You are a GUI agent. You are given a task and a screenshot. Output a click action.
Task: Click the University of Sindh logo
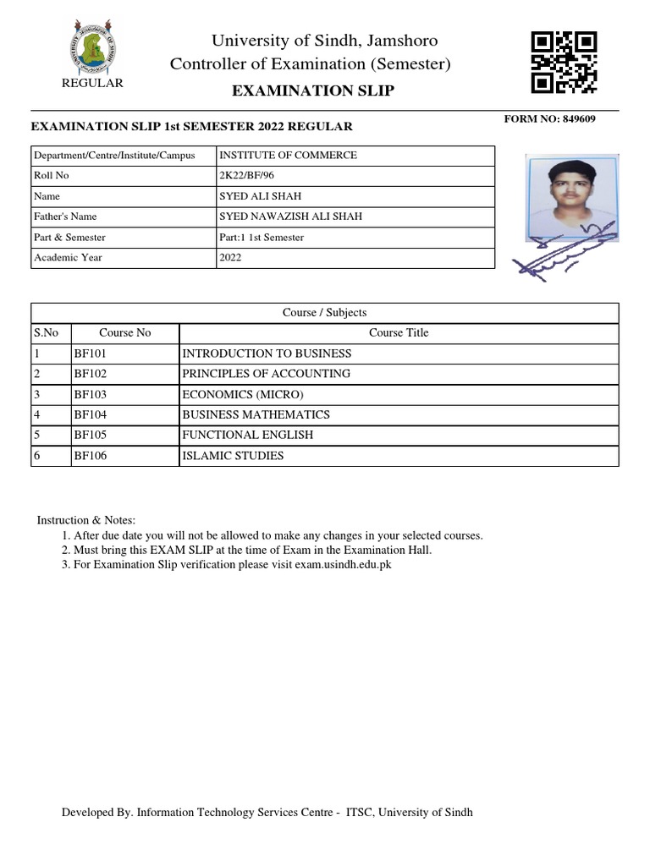[x=92, y=47]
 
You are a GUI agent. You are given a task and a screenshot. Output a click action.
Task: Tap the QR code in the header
[x=564, y=61]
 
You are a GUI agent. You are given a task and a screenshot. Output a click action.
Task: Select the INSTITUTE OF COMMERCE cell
[x=288, y=156]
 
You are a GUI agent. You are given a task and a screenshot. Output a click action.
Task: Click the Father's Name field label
[x=66, y=216]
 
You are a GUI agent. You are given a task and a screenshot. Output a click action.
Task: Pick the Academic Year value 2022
[x=230, y=257]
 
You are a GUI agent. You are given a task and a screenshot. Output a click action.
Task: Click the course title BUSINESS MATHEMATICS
[x=256, y=414]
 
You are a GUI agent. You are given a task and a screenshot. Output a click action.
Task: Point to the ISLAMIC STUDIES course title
[x=233, y=456]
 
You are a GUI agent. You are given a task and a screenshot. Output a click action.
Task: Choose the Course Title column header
[x=399, y=332]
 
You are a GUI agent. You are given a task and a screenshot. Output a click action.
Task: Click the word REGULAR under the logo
[x=93, y=83]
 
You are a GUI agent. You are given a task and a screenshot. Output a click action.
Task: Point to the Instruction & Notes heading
[x=85, y=519]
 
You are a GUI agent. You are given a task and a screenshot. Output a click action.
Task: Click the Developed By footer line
[x=267, y=812]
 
